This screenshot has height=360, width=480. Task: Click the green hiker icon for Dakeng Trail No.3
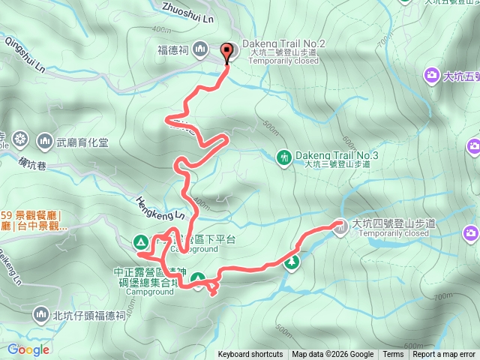(283, 157)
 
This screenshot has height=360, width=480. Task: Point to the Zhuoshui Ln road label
(187, 11)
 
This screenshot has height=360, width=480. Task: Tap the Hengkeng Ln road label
(160, 208)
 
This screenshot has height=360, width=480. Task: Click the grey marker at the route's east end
(340, 224)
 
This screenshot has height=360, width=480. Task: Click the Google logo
(28, 349)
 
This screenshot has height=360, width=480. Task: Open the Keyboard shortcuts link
(250, 355)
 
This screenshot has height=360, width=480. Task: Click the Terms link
(393, 355)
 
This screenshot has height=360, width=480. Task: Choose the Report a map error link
(444, 355)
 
